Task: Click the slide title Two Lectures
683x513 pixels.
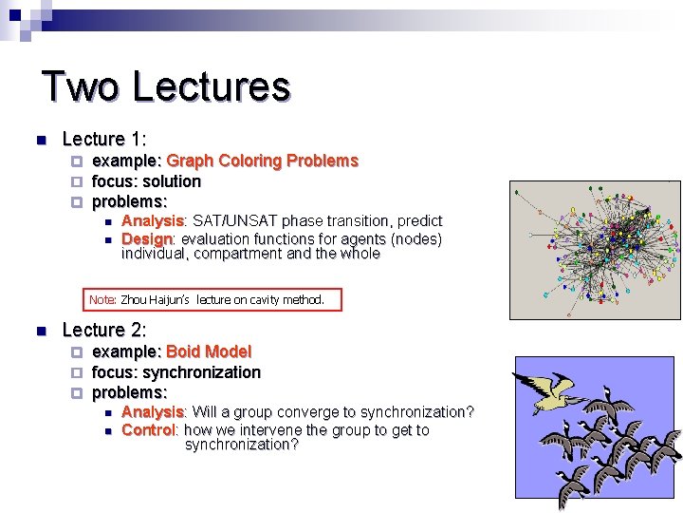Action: (166, 86)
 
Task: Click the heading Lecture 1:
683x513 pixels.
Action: (103, 139)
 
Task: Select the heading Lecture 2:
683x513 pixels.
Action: (103, 330)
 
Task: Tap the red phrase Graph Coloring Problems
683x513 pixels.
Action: (262, 161)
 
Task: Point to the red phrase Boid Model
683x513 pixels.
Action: (209, 351)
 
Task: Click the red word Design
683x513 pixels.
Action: (147, 238)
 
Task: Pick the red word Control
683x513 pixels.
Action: (149, 430)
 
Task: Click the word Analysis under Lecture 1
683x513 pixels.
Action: (153, 221)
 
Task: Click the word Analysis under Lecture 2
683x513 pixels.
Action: (153, 412)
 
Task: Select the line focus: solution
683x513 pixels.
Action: (146, 180)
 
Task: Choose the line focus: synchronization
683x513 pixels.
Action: (175, 372)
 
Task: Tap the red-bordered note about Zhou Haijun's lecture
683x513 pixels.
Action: (212, 300)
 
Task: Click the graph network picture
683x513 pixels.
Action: (595, 237)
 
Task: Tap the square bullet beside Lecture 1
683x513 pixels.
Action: (41, 141)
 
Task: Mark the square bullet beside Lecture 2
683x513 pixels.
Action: (41, 332)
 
